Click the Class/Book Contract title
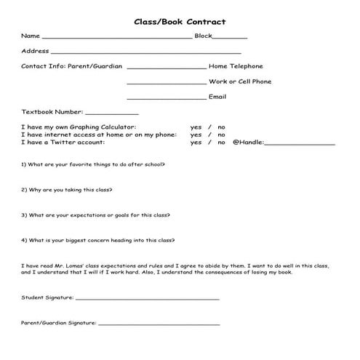tap(180, 22)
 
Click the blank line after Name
tap(116, 37)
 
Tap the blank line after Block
tap(231, 37)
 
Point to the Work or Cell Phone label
tap(240, 81)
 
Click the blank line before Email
tap(166, 98)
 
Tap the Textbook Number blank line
tap(112, 114)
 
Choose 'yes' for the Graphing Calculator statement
tap(196, 127)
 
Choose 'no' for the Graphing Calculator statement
tap(221, 127)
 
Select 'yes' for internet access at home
tap(196, 135)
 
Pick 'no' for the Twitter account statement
tap(221, 143)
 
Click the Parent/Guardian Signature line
tap(159, 324)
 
